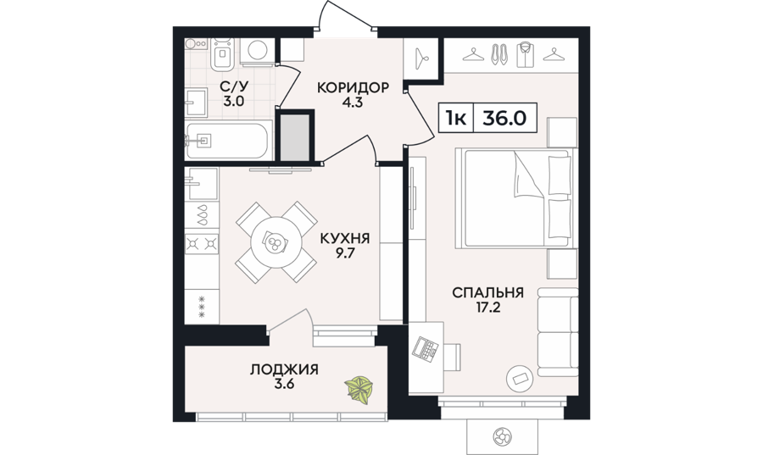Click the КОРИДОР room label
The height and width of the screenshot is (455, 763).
[x=353, y=88]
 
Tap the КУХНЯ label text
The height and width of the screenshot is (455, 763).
[x=344, y=239]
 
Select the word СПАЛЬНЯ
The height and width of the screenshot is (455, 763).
[x=487, y=292]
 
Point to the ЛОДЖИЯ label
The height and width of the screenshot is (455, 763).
[x=284, y=369]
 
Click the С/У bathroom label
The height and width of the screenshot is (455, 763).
[x=235, y=87]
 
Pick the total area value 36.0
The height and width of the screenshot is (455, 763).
[x=504, y=118]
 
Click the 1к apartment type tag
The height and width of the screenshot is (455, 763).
[x=455, y=118]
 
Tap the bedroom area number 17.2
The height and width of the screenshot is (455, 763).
[x=487, y=308]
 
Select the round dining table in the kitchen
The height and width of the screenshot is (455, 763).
[x=276, y=241]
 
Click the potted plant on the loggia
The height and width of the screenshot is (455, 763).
[x=359, y=389]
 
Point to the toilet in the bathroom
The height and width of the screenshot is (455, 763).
[x=222, y=54]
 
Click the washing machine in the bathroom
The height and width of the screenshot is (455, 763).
[x=258, y=51]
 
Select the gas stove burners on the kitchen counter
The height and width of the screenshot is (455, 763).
[x=202, y=242]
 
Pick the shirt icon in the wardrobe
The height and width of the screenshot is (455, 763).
[x=525, y=54]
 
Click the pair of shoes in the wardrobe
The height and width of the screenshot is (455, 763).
[x=498, y=54]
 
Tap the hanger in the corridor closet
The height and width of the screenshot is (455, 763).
[x=421, y=58]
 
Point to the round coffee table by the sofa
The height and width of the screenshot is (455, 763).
[x=521, y=377]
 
